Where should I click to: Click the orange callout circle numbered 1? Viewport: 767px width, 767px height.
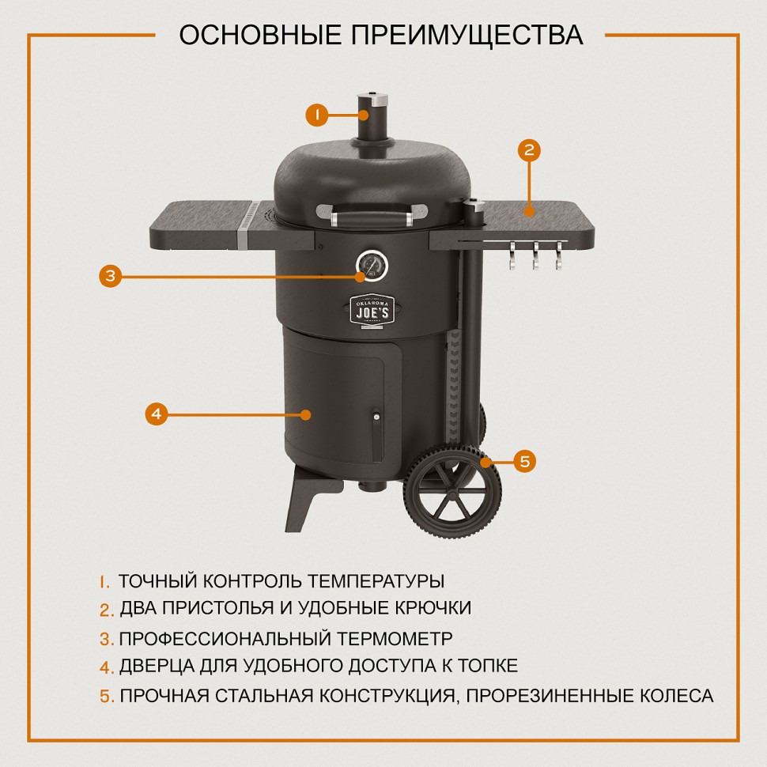coord(316,115)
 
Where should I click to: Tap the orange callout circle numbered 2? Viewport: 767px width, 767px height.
coord(530,150)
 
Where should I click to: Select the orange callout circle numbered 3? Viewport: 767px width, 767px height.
coord(111,276)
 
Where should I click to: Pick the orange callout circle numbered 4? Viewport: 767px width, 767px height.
coord(157,414)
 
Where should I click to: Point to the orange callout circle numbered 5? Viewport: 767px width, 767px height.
coord(524,461)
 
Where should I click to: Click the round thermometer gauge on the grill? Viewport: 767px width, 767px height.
coord(371,266)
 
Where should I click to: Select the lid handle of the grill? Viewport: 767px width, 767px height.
coord(368,213)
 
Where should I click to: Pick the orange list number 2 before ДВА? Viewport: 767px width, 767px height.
coord(107,610)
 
